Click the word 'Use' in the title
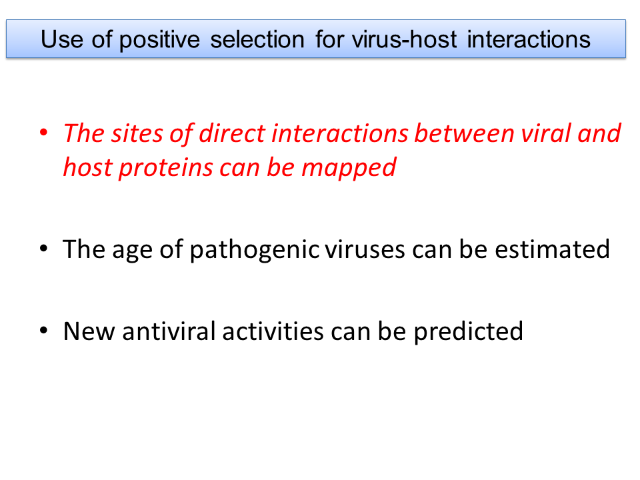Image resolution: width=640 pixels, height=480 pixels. pyautogui.click(x=62, y=39)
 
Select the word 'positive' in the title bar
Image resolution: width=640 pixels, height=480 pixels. pyautogui.click(x=159, y=41)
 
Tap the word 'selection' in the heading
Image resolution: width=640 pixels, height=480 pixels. pyautogui.click(x=257, y=39)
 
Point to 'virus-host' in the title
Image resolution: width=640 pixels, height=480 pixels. pyautogui.click(x=405, y=39)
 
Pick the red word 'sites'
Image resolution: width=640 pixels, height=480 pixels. pyautogui.click(x=137, y=133)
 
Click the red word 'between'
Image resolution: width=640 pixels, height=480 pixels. pyautogui.click(x=464, y=133)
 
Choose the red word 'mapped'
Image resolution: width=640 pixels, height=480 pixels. pyautogui.click(x=349, y=169)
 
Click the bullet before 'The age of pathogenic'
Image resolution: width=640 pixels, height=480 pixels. pyautogui.click(x=44, y=248)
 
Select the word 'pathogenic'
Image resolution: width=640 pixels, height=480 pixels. pyautogui.click(x=255, y=250)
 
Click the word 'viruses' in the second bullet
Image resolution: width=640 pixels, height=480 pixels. pyautogui.click(x=365, y=249)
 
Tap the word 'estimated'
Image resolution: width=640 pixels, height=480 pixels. pyautogui.click(x=552, y=249)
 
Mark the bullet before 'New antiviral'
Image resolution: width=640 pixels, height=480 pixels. pyautogui.click(x=44, y=330)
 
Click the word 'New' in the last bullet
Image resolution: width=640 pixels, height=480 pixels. pyautogui.click(x=89, y=331)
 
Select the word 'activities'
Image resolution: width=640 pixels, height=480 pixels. pyautogui.click(x=273, y=331)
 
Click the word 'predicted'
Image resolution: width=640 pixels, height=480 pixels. pyautogui.click(x=469, y=332)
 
